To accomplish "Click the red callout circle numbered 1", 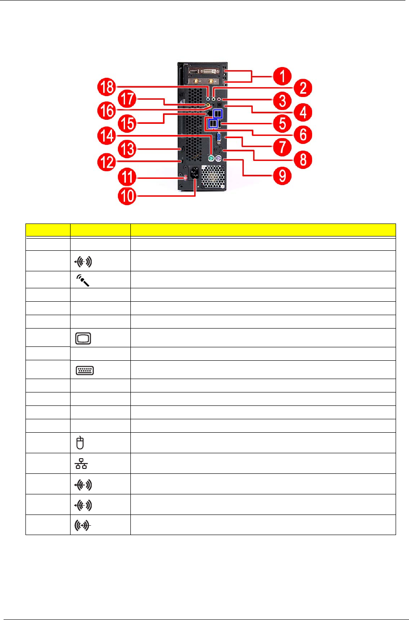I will (x=282, y=76).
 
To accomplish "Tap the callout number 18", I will (x=107, y=87).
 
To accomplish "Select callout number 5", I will (x=282, y=123).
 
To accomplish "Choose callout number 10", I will (x=128, y=196).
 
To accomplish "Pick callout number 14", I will (x=107, y=135).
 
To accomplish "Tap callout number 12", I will (x=107, y=162).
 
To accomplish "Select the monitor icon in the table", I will (x=83, y=338).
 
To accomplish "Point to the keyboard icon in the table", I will (x=85, y=370).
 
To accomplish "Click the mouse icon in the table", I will (x=80, y=443).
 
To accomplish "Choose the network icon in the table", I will (x=82, y=464).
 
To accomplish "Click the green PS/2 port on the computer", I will (x=210, y=158).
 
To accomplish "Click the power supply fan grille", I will (x=213, y=177).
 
